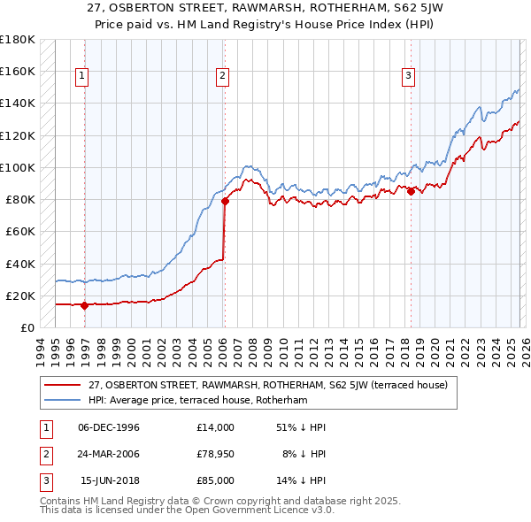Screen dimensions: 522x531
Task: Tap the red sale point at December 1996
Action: pyautogui.click(x=85, y=305)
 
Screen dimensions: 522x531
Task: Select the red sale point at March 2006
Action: pyautogui.click(x=225, y=201)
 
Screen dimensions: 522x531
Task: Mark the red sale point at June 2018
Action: pyautogui.click(x=411, y=191)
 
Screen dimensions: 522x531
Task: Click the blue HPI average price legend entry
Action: pyautogui.click(x=196, y=401)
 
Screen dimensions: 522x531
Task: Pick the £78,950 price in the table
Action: pyautogui.click(x=215, y=454)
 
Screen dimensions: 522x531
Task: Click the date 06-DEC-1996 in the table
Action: pyautogui.click(x=109, y=427)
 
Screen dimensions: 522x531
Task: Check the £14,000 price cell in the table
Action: pyautogui.click(x=215, y=427)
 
